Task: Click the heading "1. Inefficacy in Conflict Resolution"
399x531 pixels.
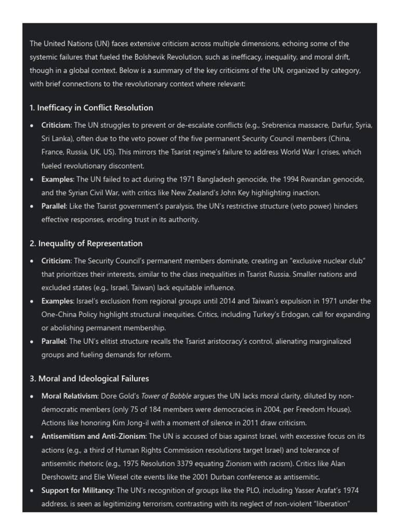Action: tap(91, 108)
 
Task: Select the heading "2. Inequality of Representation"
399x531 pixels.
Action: tap(86, 243)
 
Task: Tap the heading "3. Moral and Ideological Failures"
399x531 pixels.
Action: tap(89, 379)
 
